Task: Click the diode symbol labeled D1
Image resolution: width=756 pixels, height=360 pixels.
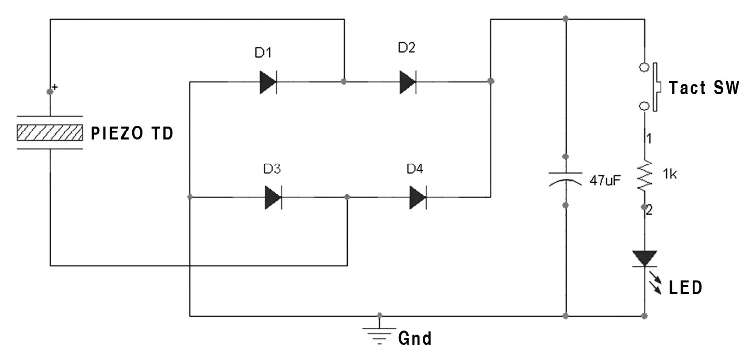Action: [268, 81]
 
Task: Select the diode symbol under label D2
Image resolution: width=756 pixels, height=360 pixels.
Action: [408, 81]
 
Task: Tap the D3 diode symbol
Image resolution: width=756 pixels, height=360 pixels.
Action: [273, 197]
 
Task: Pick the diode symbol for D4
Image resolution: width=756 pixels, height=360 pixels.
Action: [418, 197]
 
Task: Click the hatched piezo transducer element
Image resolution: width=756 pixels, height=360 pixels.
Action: [49, 132]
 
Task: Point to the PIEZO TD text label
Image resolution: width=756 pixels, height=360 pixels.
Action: [131, 133]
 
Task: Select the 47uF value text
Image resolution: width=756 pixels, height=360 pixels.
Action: [605, 180]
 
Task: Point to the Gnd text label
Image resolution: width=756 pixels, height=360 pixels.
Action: [414, 339]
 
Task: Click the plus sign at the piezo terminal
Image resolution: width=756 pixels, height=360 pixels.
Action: [55, 87]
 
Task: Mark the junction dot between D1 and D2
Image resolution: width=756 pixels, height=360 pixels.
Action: [343, 81]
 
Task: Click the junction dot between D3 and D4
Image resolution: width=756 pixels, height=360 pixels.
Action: [347, 197]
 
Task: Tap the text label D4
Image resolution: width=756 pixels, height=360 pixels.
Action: [414, 169]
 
